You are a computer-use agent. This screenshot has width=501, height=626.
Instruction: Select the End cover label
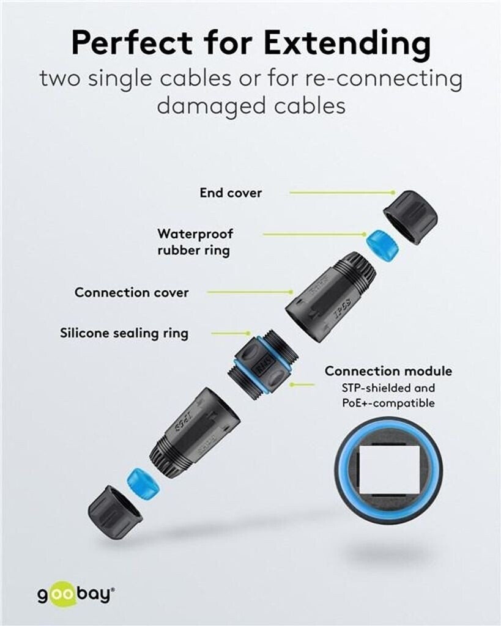coord(231,193)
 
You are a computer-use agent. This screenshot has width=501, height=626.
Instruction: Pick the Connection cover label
coord(132,292)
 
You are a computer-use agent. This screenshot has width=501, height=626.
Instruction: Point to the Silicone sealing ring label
coord(124,333)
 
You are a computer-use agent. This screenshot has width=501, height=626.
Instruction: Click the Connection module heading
coord(388,371)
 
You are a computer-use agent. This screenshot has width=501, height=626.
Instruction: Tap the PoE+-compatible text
coord(388,403)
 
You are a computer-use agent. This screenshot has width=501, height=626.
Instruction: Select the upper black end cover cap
coord(410,216)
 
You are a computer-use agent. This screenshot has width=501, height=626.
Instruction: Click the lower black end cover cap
coord(114,511)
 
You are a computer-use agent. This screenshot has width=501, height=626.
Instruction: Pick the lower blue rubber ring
coord(143,484)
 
